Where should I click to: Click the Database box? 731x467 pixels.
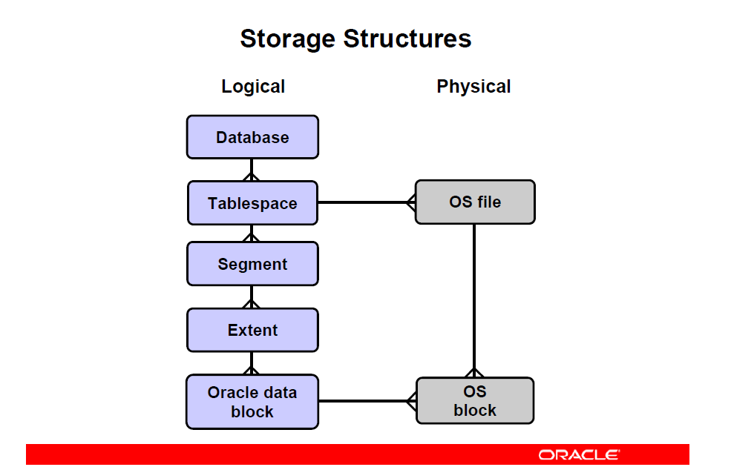[x=252, y=137]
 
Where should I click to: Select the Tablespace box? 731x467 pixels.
[x=252, y=203]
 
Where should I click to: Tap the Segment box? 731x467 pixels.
[x=252, y=264]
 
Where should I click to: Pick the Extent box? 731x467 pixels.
[x=252, y=330]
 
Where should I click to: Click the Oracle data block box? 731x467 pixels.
[x=252, y=402]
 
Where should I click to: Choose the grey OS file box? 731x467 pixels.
[x=475, y=202]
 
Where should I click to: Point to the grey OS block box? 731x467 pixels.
[x=475, y=400]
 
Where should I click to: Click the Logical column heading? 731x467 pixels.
[x=253, y=87]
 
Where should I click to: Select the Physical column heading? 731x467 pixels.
[x=473, y=87]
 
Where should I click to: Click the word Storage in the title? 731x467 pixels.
[x=288, y=39]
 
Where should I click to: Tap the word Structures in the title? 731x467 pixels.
[x=407, y=39]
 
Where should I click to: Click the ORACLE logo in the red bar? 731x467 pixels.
[x=579, y=455]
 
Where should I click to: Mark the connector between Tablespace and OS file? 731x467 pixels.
[x=367, y=202]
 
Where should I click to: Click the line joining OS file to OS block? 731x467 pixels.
[x=474, y=301]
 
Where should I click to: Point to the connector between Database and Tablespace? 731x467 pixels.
[x=252, y=170]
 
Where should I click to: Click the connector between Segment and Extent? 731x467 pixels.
[x=252, y=297]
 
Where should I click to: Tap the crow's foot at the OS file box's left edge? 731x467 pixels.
[x=410, y=202]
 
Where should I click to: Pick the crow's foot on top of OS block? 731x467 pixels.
[x=474, y=372]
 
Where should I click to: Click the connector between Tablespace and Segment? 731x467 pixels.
[x=252, y=233]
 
